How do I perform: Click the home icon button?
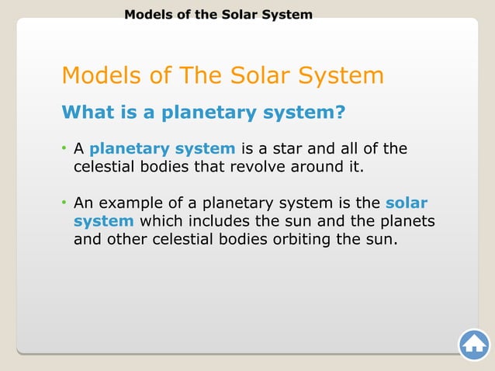[474, 345]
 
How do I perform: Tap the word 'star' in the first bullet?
[301, 148]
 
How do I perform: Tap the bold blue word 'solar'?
[407, 203]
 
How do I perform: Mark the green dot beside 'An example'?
[65, 203]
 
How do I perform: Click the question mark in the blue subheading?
[339, 113]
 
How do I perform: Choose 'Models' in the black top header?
[149, 14]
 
